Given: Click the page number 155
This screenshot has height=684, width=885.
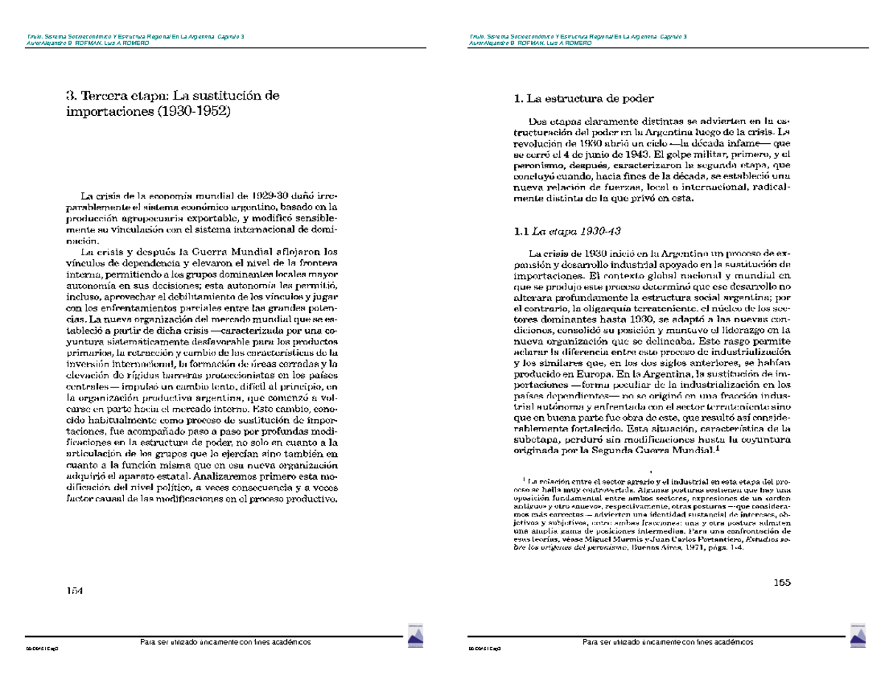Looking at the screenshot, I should click(x=782, y=583).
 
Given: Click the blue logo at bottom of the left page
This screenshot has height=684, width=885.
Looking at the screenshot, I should click(x=414, y=637).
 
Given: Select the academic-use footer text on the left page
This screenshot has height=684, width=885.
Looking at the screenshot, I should click(x=226, y=642).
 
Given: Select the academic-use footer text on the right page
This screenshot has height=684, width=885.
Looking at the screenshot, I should click(x=668, y=642).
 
